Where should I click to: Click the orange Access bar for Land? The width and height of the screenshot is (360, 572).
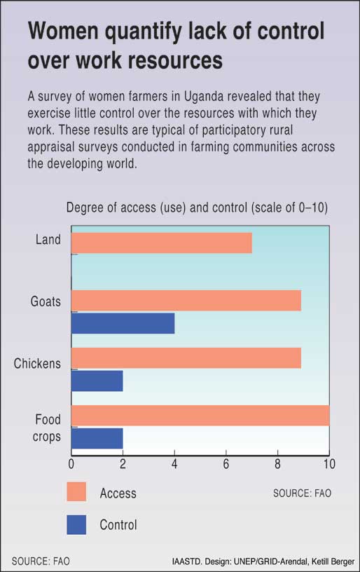coord(162,243)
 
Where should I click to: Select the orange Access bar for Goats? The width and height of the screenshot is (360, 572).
coord(186,301)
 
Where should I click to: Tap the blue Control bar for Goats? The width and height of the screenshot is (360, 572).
coord(123,323)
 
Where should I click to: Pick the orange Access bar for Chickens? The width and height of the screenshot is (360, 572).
coord(186,358)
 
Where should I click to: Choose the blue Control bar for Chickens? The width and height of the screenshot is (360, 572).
coord(97,381)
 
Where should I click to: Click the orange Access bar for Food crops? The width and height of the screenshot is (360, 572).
coord(200,416)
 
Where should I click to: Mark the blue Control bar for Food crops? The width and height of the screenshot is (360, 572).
coord(97,438)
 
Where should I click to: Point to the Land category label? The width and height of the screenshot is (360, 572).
coord(48,240)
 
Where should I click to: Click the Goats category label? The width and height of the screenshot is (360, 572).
coord(46,301)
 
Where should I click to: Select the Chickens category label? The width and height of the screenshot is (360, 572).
coord(37,363)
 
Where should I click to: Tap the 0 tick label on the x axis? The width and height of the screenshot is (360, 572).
coord(71,464)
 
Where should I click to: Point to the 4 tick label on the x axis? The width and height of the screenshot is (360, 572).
coord(174,464)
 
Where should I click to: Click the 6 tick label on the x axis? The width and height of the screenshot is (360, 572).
coord(226,464)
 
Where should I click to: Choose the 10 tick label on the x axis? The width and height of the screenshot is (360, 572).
coord(329,464)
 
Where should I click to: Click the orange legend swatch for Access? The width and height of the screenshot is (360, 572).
coord(76,492)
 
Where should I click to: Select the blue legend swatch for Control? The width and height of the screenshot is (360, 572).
coord(76,524)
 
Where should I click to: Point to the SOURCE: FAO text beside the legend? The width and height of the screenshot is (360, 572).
coord(302,493)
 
